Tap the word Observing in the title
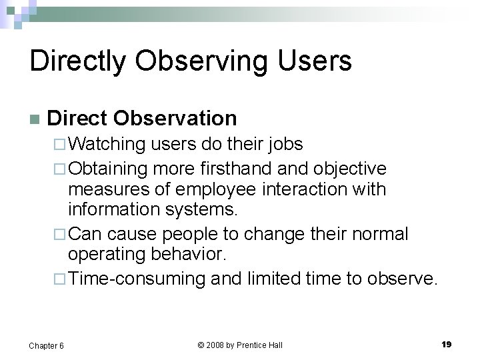(195, 61)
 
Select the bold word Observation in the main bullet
(175, 119)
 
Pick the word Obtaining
(110, 167)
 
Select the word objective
(347, 167)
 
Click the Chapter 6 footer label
(46, 345)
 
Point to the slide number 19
(446, 344)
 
